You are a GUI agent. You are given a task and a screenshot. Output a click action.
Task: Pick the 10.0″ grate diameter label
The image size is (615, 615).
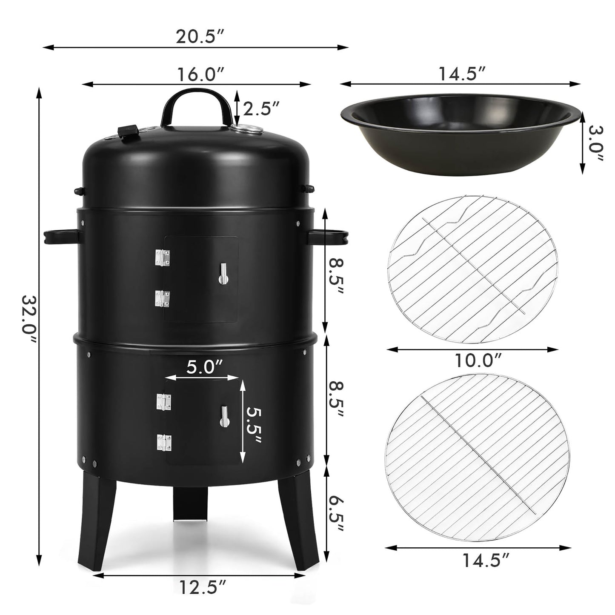pyautogui.click(x=477, y=360)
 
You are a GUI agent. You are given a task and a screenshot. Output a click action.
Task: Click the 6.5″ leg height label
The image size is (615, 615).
pyautogui.click(x=335, y=513)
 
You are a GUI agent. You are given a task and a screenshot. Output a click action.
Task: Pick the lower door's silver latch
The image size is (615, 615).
pyautogui.click(x=224, y=416)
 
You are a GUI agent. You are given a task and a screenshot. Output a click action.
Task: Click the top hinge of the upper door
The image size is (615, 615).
pyautogui.click(x=162, y=257)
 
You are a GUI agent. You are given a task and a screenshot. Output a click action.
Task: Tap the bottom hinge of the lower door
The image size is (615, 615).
pyautogui.click(x=163, y=442)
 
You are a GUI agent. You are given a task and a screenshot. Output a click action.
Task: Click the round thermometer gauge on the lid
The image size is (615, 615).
pyautogui.click(x=245, y=130)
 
